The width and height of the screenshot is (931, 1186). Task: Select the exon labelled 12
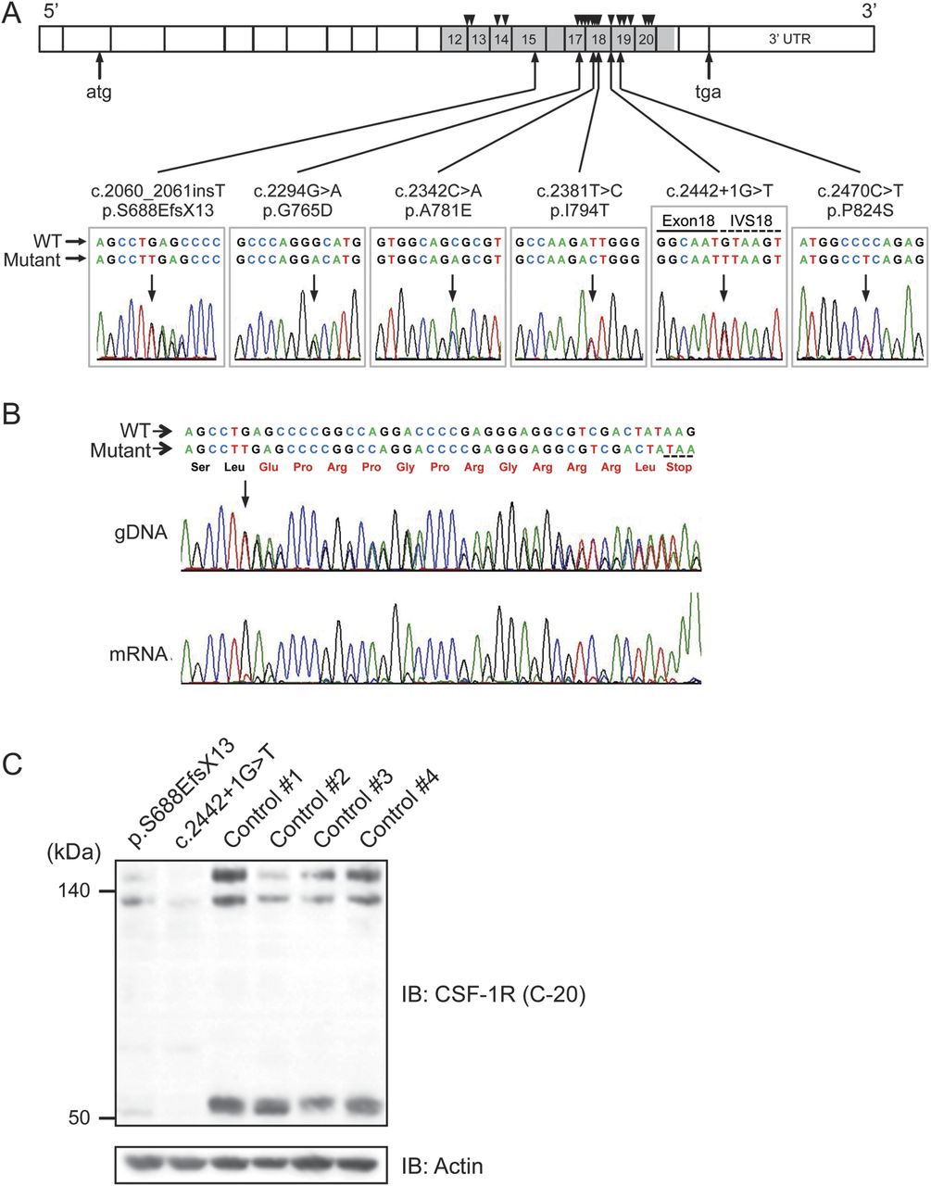pos(454,39)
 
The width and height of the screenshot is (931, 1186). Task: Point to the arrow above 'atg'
pos(99,65)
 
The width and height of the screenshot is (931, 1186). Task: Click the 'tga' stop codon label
pos(709,92)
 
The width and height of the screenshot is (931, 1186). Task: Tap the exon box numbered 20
pos(647,39)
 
